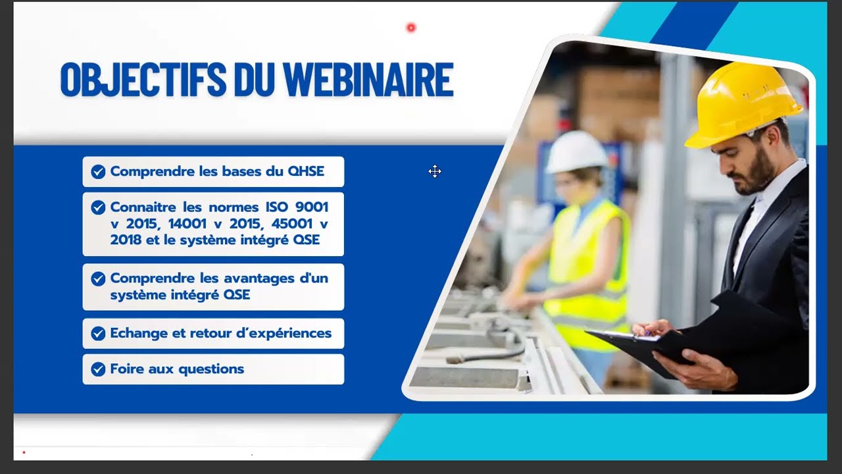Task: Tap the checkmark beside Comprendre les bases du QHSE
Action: coord(98,172)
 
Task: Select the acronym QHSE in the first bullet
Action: coord(306,171)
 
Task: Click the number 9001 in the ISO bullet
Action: coord(312,207)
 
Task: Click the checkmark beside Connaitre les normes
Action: coord(98,208)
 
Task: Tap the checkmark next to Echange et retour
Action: coord(98,334)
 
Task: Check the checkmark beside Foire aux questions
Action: coord(98,369)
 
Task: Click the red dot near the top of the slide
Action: coord(411,28)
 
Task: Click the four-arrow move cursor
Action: coord(434,172)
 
